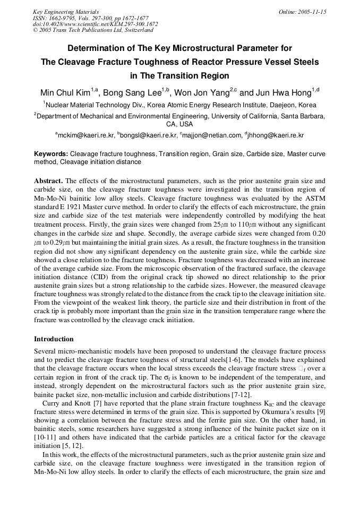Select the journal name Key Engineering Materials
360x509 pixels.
click(65, 12)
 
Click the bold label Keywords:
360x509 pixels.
click(52, 154)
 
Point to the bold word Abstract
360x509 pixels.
click(48, 180)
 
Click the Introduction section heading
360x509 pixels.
click(54, 339)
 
